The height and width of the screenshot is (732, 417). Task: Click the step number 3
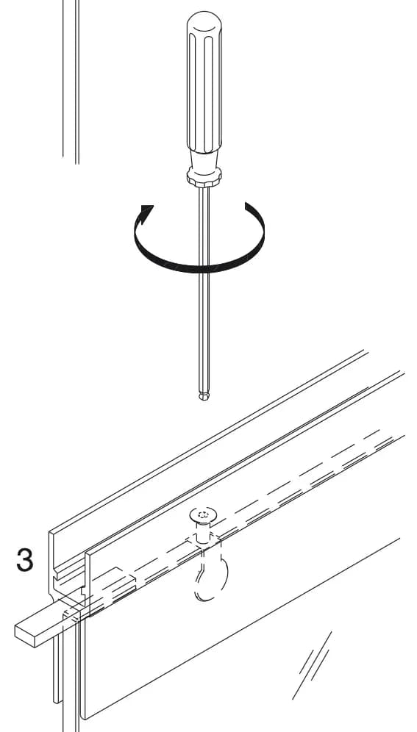(x=25, y=560)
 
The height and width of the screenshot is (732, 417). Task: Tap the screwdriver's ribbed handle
(x=204, y=84)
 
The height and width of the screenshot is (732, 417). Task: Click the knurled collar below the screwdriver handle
(x=204, y=177)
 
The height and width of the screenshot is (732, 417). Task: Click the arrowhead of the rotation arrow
(x=146, y=213)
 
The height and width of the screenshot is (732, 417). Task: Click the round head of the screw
(x=203, y=514)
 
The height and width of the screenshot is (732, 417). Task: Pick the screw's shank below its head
(x=202, y=532)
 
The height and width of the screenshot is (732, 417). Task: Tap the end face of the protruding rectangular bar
(x=26, y=636)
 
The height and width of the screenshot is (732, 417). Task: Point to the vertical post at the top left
(x=71, y=82)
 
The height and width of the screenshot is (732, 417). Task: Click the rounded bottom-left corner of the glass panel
(x=83, y=714)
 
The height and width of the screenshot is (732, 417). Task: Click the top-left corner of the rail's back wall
(x=49, y=532)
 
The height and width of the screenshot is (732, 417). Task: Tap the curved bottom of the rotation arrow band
(x=201, y=268)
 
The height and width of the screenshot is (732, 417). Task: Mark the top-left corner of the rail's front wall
(x=86, y=556)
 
